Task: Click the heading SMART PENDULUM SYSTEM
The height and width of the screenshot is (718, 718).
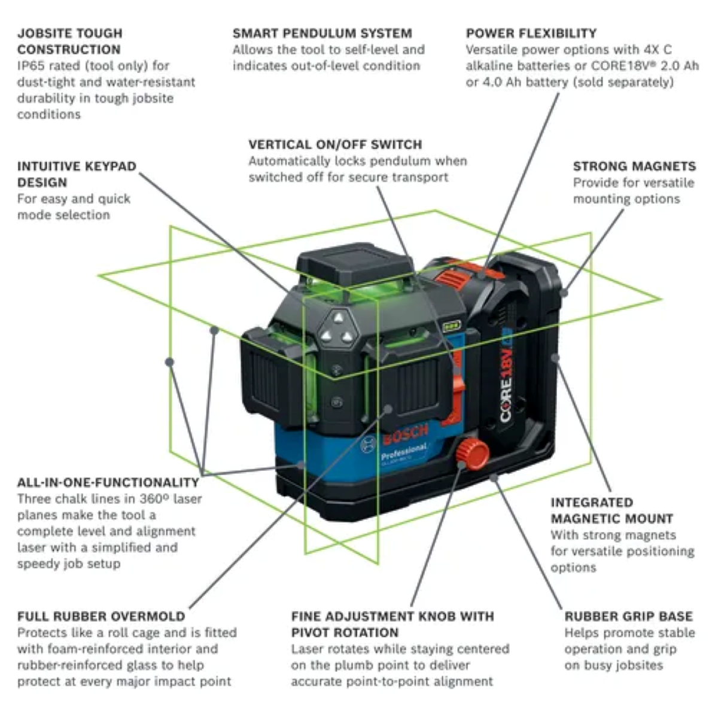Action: coord(322,34)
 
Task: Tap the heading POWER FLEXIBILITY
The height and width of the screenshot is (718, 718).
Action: coord(531,34)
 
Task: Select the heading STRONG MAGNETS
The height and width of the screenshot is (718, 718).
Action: coord(634,166)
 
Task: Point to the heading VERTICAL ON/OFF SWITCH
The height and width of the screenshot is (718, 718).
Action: coord(335,145)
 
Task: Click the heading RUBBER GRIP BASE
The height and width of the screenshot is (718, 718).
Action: coord(628,616)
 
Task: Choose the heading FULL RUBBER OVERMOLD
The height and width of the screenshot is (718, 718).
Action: coord(101,616)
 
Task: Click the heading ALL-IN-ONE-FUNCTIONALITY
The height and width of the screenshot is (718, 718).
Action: coord(108,482)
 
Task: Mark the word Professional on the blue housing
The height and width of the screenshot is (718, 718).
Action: coord(404,452)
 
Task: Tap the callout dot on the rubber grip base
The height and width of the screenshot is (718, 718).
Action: coord(494,477)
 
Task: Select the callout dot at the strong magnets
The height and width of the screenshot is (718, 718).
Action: coord(564,293)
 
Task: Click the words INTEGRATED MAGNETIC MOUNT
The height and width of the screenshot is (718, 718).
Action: coord(611,510)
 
